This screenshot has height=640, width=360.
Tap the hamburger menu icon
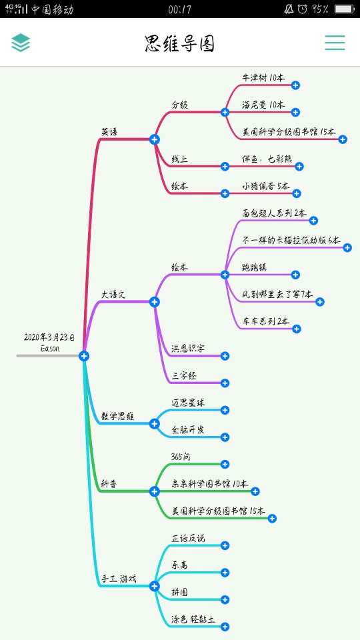point(335,43)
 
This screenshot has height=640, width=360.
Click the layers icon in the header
point(21,43)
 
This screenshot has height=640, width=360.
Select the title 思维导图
point(179,43)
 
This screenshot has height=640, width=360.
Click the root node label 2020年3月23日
point(49,337)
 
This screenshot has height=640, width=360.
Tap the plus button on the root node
point(84,356)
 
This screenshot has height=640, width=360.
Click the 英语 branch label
point(110,132)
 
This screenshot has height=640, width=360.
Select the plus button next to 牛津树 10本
point(295,85)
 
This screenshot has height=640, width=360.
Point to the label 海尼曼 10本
point(263,105)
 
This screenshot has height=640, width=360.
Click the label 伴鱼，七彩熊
point(267,159)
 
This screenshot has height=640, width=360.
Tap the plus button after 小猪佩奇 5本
point(296,193)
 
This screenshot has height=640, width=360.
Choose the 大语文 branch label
point(113,294)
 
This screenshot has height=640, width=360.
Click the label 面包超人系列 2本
point(274,213)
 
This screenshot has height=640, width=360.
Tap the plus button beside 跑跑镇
point(295,275)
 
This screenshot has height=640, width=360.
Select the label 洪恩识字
point(188,349)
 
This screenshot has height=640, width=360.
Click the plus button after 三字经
point(225,383)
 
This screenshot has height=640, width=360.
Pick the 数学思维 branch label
point(117,416)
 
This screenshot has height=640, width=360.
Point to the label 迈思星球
point(188,403)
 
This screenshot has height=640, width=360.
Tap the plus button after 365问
point(225,464)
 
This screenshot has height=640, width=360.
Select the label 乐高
point(179,565)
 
